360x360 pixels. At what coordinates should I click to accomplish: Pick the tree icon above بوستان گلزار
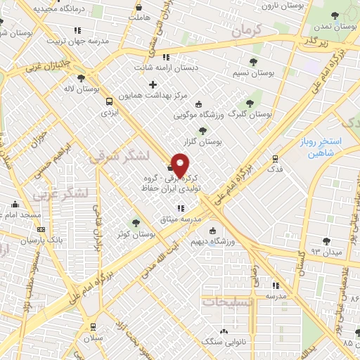pos(203,130)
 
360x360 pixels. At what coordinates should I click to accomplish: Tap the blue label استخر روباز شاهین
pos(333,147)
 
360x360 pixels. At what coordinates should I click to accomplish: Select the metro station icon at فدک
pos(275,158)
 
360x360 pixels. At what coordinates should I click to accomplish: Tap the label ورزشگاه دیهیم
pos(207,242)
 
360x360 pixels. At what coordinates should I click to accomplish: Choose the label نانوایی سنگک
pos(224,342)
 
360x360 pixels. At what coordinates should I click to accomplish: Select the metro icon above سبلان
pos(94,326)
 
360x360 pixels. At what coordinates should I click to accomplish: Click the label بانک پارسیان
pos(37,240)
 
